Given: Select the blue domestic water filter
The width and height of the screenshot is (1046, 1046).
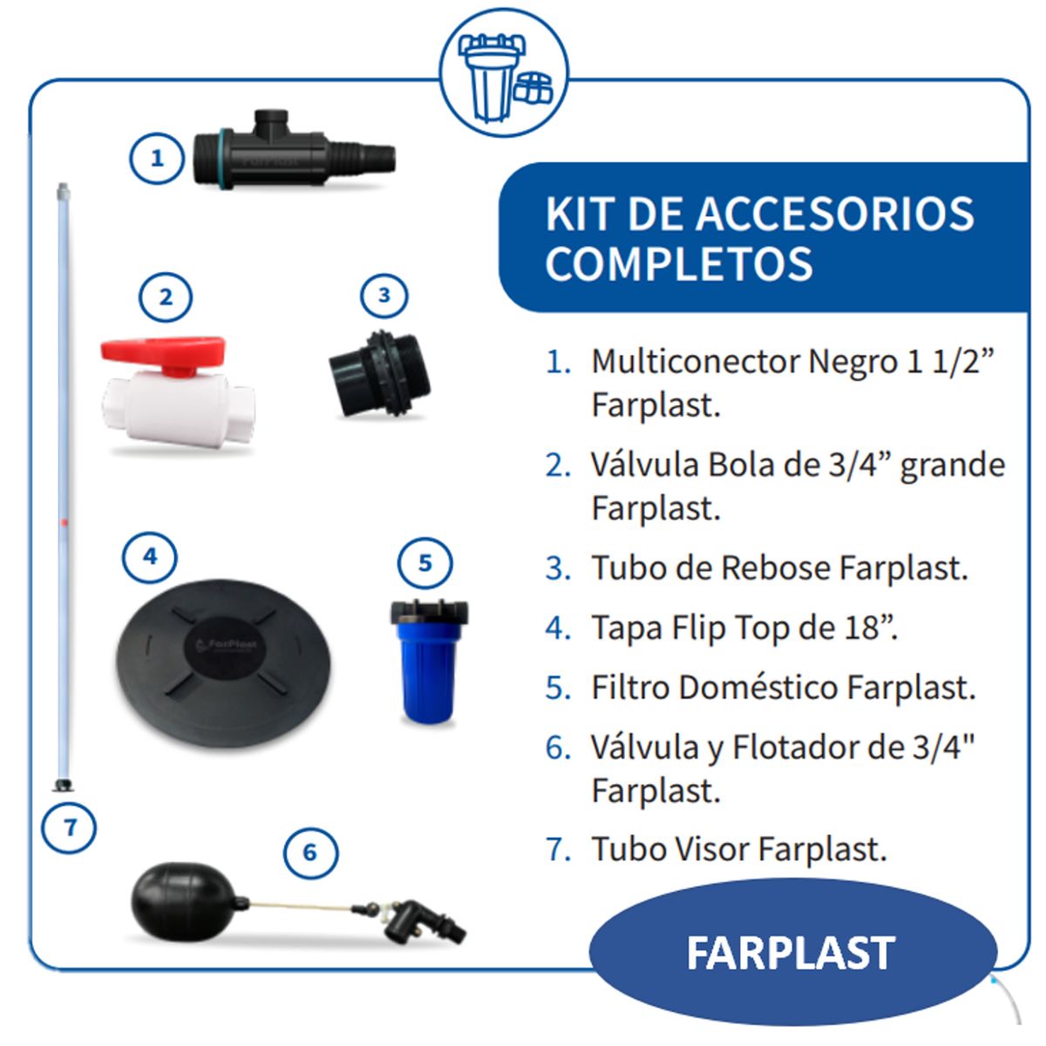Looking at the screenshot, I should click(x=427, y=662).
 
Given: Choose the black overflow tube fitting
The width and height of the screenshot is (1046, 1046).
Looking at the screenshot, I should click(x=379, y=373).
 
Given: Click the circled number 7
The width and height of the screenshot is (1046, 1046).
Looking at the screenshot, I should click(x=70, y=826).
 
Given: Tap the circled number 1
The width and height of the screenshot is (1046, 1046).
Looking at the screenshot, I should click(x=157, y=159).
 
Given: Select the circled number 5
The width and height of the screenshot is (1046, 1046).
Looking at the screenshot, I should click(x=425, y=563).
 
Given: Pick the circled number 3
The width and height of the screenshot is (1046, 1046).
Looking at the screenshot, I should click(x=384, y=295).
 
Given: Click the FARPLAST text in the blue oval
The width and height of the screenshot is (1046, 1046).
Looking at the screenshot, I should click(x=791, y=953).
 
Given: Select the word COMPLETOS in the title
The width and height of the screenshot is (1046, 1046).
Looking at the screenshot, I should click(x=679, y=263).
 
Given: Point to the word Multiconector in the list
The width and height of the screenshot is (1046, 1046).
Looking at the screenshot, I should click(x=696, y=362).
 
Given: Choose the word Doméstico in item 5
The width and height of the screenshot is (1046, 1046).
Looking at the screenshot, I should click(x=758, y=688).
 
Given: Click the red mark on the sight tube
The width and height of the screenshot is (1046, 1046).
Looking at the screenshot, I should click(x=64, y=522).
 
